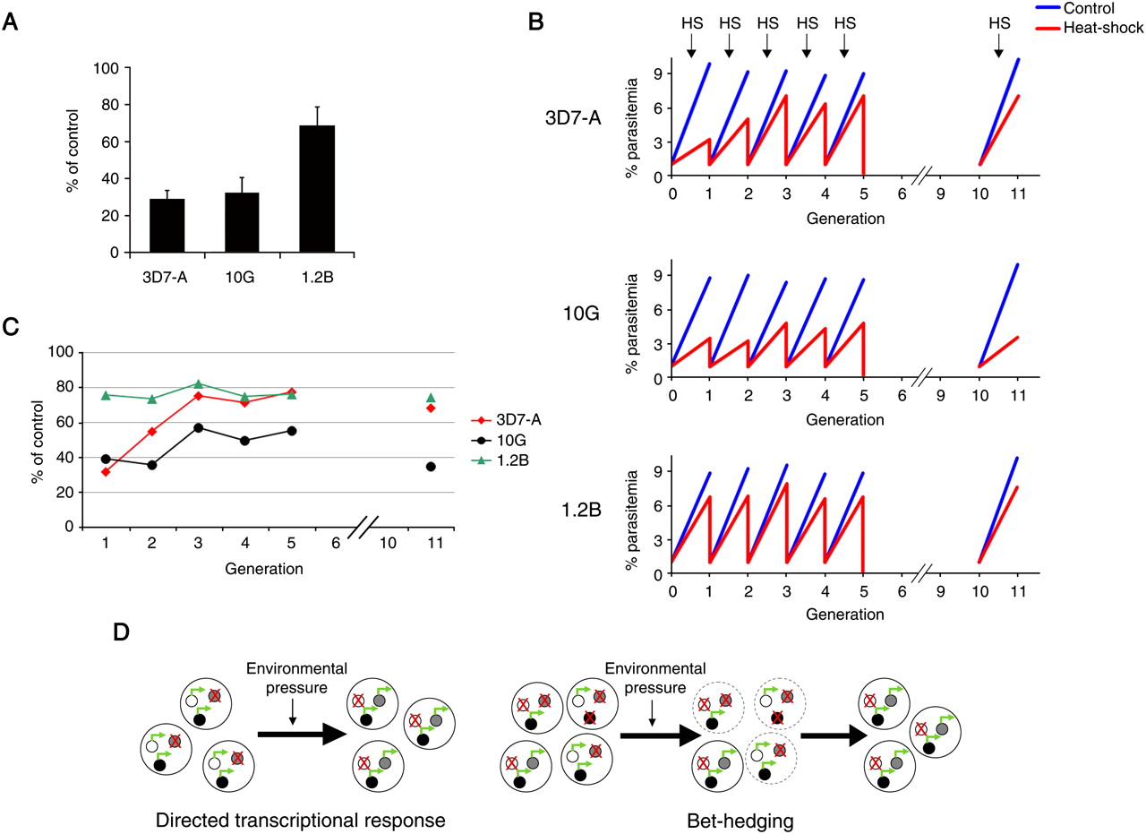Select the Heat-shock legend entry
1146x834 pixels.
pyautogui.click(x=1102, y=29)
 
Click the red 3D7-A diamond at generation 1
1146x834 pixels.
pyautogui.click(x=107, y=472)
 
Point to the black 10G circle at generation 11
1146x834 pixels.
pyautogui.click(x=432, y=467)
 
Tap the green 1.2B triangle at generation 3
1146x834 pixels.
pyautogui.click(x=198, y=384)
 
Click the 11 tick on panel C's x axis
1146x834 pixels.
pyautogui.click(x=432, y=544)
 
